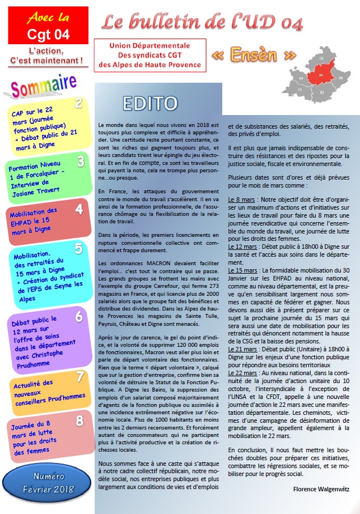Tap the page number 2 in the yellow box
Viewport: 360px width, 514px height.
[x=79, y=103]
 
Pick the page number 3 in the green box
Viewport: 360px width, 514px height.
[x=81, y=161]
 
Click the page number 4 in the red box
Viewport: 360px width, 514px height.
[x=79, y=209]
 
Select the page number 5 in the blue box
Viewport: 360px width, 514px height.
[x=78, y=248]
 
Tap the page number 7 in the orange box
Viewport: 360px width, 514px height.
[x=80, y=376]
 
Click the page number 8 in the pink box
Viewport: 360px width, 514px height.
[x=80, y=420]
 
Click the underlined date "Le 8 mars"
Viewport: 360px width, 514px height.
[x=241, y=200]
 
